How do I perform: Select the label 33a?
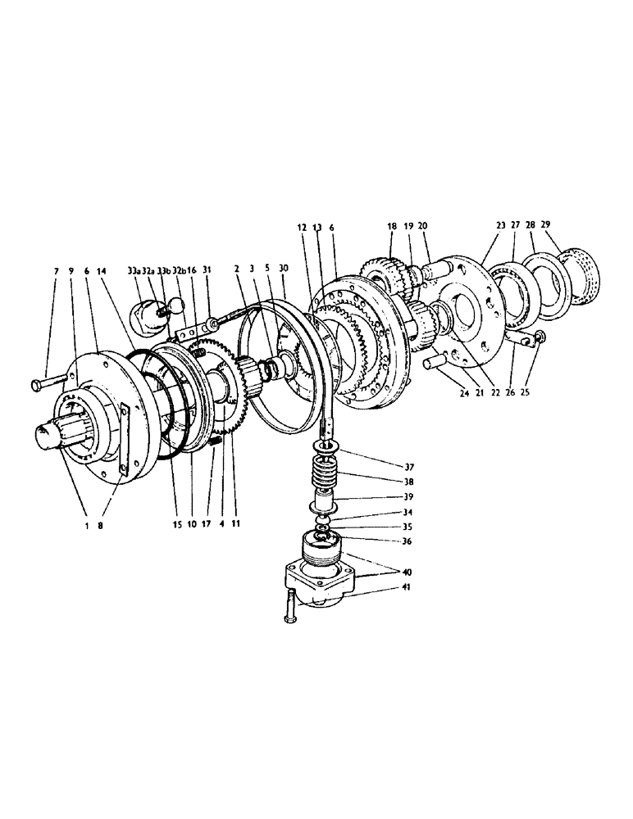coord(133,270)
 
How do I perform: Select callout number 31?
coord(207,270)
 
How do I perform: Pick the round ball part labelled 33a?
coord(148,315)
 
